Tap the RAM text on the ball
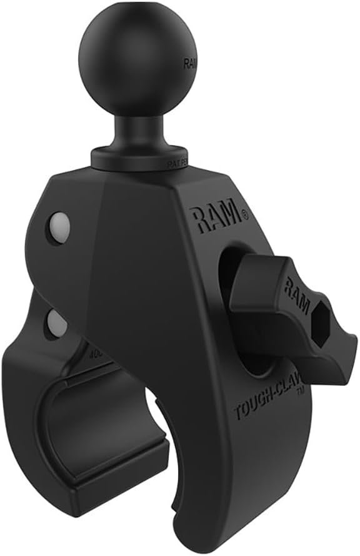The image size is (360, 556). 189,63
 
